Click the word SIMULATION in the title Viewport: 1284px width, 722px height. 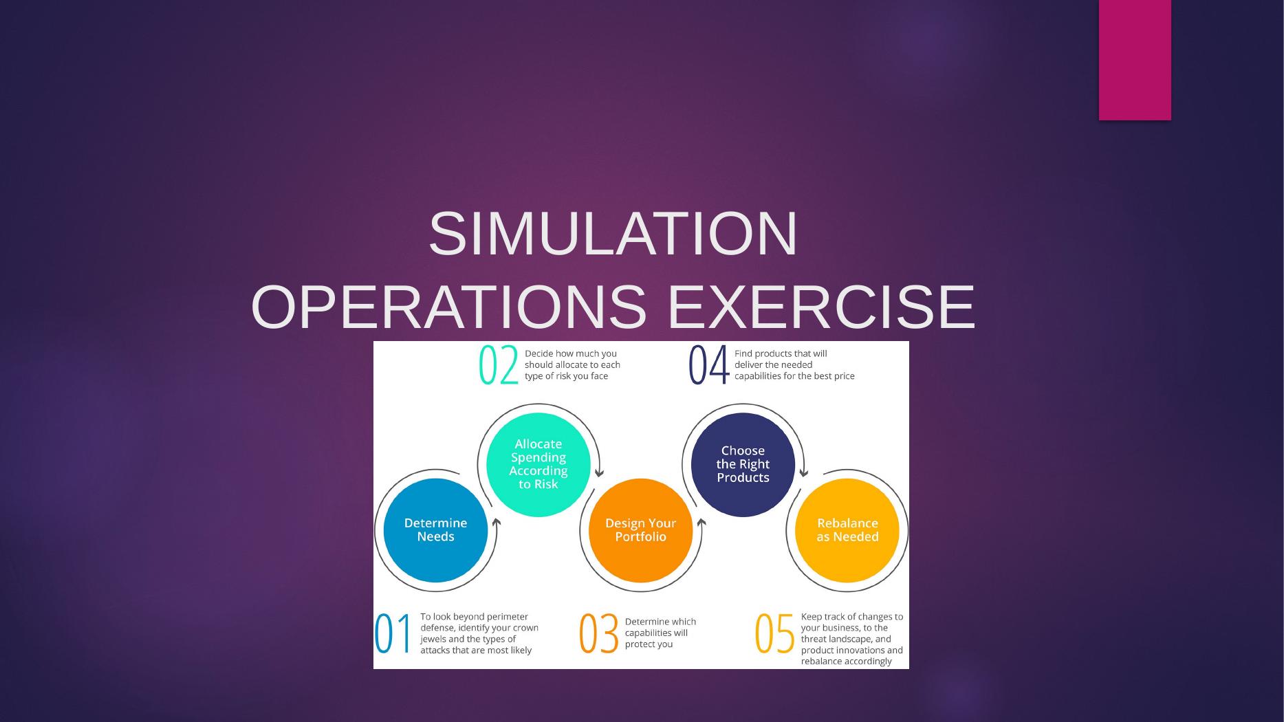(613, 234)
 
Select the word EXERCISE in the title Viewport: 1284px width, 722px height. (821, 307)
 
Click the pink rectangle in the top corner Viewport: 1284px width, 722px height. (1134, 60)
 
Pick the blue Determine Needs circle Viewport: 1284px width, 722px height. (435, 530)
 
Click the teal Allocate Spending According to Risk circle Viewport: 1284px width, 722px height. (538, 464)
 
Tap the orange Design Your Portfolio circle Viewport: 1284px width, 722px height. (640, 530)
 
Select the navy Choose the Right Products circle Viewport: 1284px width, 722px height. (743, 464)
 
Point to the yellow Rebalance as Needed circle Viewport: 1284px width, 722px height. (847, 530)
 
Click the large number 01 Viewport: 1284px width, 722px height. (393, 634)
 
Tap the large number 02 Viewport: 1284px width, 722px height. (498, 366)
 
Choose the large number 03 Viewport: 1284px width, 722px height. (598, 634)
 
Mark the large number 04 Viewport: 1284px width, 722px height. (708, 366)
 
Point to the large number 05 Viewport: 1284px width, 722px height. (775, 634)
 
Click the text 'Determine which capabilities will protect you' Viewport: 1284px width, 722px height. (660, 633)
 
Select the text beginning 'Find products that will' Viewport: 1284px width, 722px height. (794, 365)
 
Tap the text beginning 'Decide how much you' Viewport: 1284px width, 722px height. (572, 365)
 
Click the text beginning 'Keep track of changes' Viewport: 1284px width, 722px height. (851, 639)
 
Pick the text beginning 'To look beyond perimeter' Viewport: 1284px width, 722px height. (479, 633)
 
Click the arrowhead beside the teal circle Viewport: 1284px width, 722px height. (599, 473)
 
